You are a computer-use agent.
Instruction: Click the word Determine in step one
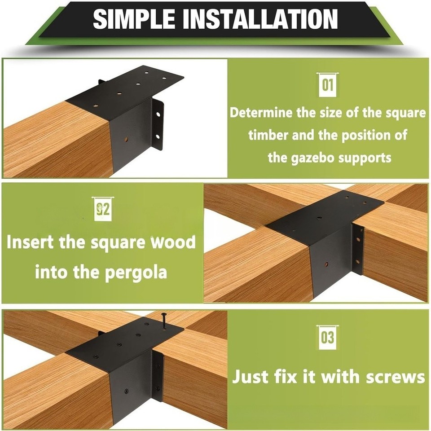261,113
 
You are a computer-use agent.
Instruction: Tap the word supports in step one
368,158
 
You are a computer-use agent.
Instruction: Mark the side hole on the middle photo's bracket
326,264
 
